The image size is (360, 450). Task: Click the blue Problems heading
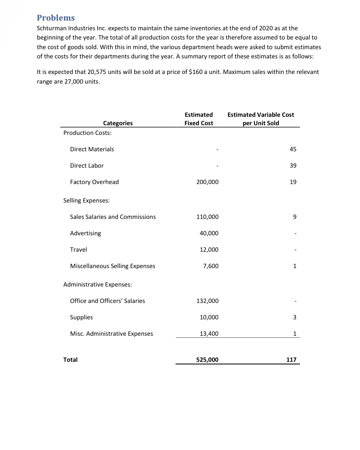point(56,18)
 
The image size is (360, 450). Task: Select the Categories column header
point(118,123)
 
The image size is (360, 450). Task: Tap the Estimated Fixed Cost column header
point(199,119)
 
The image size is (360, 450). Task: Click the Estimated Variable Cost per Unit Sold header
point(261,119)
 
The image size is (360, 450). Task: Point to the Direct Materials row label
point(92,149)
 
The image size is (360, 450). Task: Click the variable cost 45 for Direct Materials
point(293,149)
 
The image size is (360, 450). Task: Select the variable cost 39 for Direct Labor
point(293,166)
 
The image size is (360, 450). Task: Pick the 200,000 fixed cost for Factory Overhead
point(207,182)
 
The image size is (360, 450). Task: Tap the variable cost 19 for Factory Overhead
point(293,182)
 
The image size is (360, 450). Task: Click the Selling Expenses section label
point(86,200)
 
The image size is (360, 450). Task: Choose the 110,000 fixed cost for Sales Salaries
point(207,217)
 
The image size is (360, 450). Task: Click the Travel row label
point(78,250)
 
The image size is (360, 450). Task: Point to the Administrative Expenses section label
point(98,284)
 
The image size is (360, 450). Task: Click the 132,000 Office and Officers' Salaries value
point(207,301)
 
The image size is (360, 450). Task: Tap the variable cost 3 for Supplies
point(295,317)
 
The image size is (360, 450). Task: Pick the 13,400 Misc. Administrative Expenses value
point(209,334)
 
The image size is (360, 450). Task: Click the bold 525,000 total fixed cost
point(207,360)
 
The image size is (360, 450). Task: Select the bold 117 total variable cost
point(291,360)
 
